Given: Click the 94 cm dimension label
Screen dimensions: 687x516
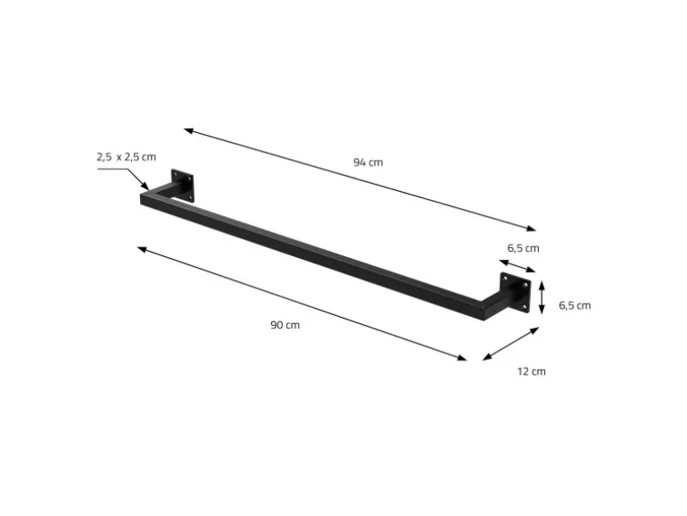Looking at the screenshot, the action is [368, 162].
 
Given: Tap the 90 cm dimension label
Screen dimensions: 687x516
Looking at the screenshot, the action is [286, 325].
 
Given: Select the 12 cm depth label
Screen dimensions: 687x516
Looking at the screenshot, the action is [532, 371].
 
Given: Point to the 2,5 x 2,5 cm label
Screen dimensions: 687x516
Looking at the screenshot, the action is [126, 157].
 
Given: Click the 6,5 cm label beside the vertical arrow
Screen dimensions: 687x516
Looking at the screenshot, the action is [575, 305].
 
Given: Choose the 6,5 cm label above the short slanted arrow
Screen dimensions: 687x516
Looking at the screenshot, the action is [523, 248].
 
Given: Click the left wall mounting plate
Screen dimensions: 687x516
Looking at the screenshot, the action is [182, 185].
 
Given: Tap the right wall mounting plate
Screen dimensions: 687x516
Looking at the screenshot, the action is [516, 293].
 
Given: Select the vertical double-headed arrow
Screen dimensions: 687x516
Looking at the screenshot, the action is [542, 297].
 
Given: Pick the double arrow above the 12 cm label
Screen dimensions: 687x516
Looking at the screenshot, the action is [511, 344].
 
